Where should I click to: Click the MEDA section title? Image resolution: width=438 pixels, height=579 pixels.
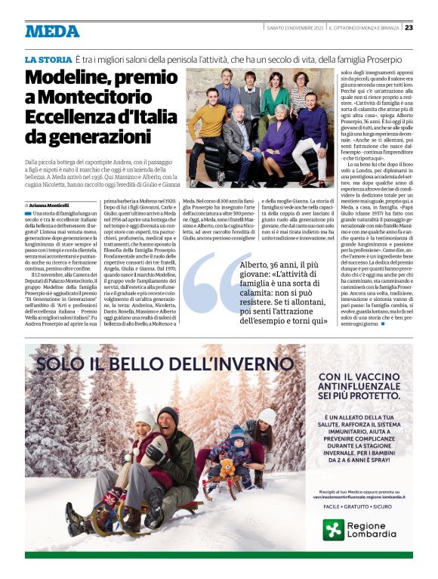pos(52,31)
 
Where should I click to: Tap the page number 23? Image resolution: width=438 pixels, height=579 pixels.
pos(409,28)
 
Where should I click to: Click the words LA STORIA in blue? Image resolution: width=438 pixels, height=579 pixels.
pos(47,59)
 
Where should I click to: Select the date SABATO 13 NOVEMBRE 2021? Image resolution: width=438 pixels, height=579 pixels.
pos(295,28)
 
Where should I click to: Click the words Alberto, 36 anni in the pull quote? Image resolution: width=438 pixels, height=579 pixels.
pos(269,265)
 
